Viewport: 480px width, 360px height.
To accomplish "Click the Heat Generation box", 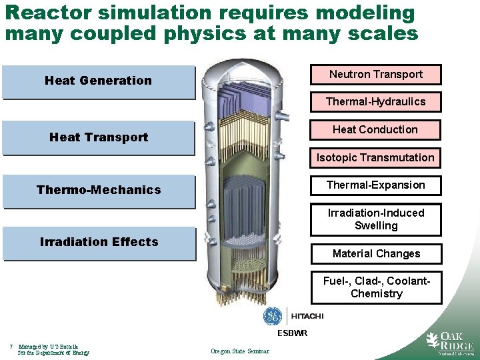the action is (x=99, y=81).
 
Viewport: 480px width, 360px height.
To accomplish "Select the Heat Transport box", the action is (x=99, y=138).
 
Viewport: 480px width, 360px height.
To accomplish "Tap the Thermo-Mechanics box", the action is (x=99, y=191).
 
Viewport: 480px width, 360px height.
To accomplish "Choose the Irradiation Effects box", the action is (x=99, y=243).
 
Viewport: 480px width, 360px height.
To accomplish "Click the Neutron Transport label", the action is (x=376, y=74).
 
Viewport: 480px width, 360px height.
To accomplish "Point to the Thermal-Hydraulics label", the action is (x=376, y=102).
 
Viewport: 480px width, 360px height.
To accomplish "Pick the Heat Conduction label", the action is (x=376, y=130).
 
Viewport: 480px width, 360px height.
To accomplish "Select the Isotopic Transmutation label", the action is (x=376, y=158).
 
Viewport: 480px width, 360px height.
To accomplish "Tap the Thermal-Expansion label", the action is (x=376, y=185).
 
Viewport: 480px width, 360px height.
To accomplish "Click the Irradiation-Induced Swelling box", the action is (x=376, y=219).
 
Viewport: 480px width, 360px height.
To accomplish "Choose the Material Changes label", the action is (x=376, y=254).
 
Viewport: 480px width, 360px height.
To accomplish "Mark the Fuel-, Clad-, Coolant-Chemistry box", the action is (x=376, y=287).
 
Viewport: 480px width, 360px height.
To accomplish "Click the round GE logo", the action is (x=273, y=316).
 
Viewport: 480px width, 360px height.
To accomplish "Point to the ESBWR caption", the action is (x=293, y=333).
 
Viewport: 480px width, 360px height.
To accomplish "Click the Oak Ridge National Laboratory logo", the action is (x=449, y=343).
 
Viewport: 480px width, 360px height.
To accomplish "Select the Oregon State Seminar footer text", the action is (x=240, y=351).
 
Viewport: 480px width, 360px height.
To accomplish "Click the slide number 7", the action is (x=13, y=346).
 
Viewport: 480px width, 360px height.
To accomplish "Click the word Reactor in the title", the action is (x=41, y=13).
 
